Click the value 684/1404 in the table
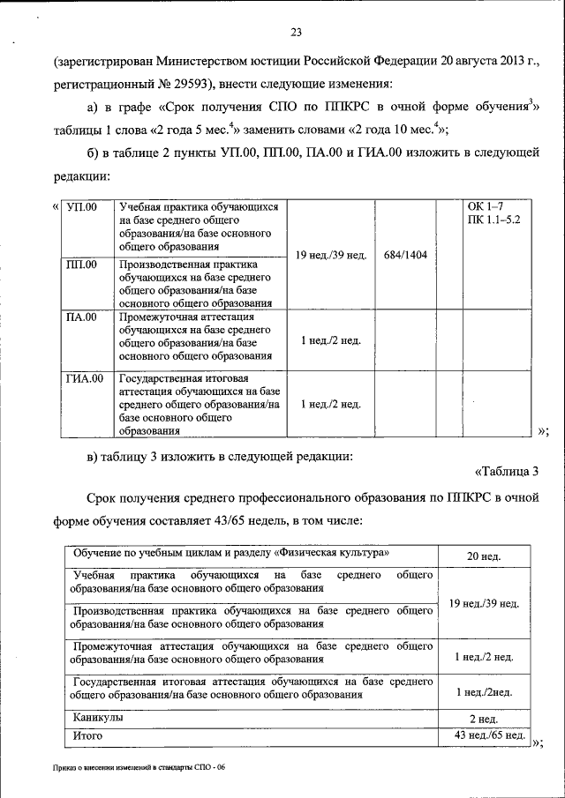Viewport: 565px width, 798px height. [x=405, y=255]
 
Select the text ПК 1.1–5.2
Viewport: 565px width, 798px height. [x=495, y=219]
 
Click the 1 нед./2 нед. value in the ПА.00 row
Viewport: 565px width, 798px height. [x=330, y=340]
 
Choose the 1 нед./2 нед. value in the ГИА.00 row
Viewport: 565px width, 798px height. [x=330, y=404]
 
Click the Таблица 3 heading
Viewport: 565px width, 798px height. [x=506, y=471]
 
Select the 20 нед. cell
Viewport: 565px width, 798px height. [x=484, y=556]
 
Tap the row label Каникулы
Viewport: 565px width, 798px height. [x=98, y=718]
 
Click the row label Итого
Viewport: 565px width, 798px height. [x=88, y=735]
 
